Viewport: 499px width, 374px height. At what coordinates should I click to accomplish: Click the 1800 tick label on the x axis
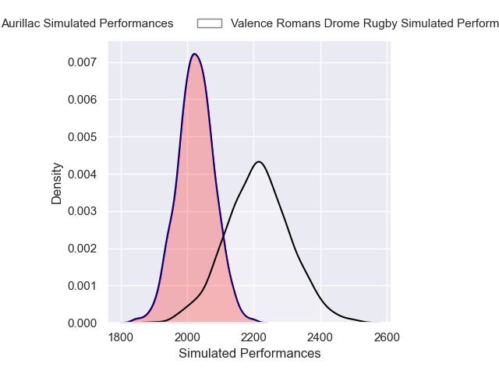121,337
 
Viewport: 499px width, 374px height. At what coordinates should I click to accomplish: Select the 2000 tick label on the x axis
188,337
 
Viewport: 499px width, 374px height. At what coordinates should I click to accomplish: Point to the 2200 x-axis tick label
254,337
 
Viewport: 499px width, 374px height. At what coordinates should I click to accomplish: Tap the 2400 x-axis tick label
320,337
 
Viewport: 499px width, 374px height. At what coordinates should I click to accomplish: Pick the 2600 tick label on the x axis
388,337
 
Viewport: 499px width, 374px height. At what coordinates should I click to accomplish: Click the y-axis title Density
57,183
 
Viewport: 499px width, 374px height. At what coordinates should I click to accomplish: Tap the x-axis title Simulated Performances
249,354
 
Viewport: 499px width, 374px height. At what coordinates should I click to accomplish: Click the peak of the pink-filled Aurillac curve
194,55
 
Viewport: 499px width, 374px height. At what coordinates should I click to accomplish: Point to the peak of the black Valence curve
258,162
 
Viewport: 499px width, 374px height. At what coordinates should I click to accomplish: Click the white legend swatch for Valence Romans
210,23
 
